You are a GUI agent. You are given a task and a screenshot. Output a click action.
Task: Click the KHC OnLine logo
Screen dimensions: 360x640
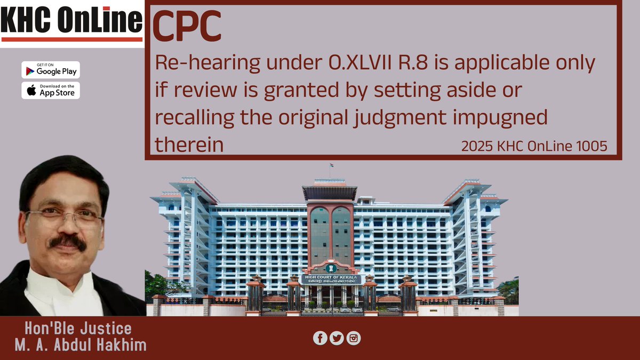pos(71,22)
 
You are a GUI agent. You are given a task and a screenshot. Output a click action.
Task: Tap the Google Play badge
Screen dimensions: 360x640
pos(51,69)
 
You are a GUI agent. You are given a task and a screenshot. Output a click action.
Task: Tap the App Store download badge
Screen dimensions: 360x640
pos(51,90)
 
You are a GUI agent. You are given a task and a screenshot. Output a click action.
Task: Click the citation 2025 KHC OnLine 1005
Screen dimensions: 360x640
pos(534,146)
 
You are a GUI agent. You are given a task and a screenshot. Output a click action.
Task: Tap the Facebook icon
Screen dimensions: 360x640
pos(320,338)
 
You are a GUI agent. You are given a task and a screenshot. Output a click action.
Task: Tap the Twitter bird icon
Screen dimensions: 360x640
pos(337,338)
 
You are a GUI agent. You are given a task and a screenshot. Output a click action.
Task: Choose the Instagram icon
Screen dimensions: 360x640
pos(354,338)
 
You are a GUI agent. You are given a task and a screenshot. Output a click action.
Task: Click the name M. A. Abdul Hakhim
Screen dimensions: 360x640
pos(81,345)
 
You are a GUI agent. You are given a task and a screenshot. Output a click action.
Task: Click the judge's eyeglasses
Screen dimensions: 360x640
pos(64,216)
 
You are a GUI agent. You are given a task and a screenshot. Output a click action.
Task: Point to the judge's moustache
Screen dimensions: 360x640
pos(68,242)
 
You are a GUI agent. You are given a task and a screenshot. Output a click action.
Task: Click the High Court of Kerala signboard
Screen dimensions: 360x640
pos(330,279)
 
